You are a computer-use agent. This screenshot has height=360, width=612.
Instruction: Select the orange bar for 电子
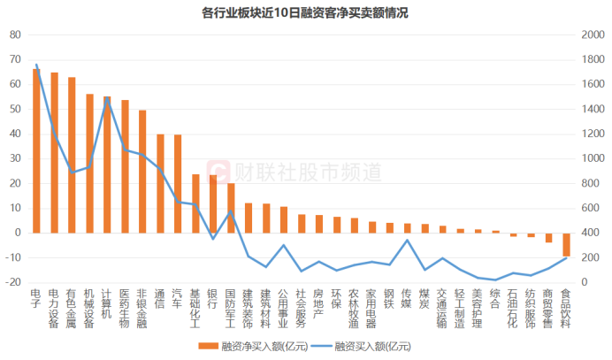(x=36, y=150)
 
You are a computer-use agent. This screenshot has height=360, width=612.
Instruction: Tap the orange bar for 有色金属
(x=72, y=155)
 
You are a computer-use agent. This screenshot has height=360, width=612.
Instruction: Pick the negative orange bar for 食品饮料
(x=566, y=244)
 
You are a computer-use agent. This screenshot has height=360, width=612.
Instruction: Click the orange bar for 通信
(x=160, y=183)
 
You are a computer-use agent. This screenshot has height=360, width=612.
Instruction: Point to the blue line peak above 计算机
(x=107, y=98)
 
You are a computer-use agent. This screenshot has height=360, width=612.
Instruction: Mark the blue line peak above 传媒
(x=407, y=240)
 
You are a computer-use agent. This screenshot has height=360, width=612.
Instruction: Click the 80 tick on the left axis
(x=15, y=34)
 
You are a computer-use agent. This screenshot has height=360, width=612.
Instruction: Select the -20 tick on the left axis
(x=13, y=282)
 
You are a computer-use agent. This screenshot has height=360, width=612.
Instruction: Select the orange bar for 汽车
(x=178, y=183)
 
